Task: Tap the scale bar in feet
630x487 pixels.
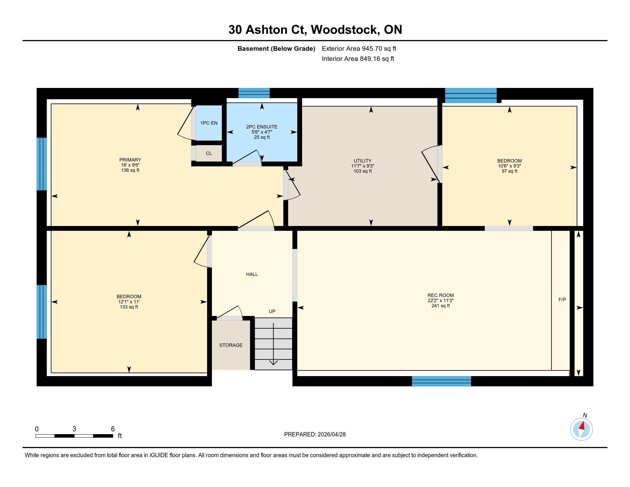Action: (74, 436)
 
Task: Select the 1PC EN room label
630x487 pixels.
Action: (209, 123)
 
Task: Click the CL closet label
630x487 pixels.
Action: (209, 154)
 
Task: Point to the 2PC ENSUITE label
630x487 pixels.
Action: (262, 127)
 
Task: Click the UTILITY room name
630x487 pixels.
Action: (363, 161)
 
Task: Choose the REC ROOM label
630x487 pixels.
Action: (440, 295)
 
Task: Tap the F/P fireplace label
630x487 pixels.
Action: (562, 299)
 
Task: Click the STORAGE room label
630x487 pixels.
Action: (231, 345)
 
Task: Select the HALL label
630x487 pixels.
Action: (252, 274)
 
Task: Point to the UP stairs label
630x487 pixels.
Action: (272, 311)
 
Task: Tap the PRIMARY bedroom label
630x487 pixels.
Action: (130, 160)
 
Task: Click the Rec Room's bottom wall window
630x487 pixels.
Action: (441, 381)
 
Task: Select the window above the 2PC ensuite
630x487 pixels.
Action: (254, 93)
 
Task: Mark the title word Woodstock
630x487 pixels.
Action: (345, 30)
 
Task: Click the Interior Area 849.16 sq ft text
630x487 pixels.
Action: (358, 59)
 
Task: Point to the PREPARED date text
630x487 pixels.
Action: (315, 435)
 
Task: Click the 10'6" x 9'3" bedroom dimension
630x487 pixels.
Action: (509, 166)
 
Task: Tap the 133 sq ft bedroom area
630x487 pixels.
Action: (129, 307)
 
